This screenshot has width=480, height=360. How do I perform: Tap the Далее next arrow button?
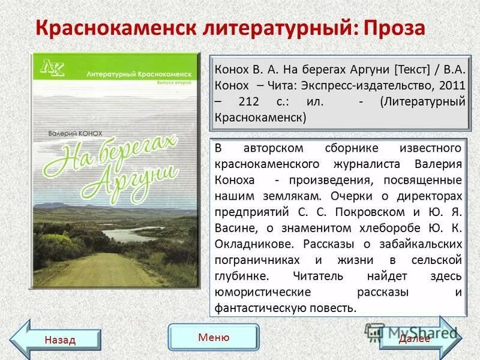pos(418,337)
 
